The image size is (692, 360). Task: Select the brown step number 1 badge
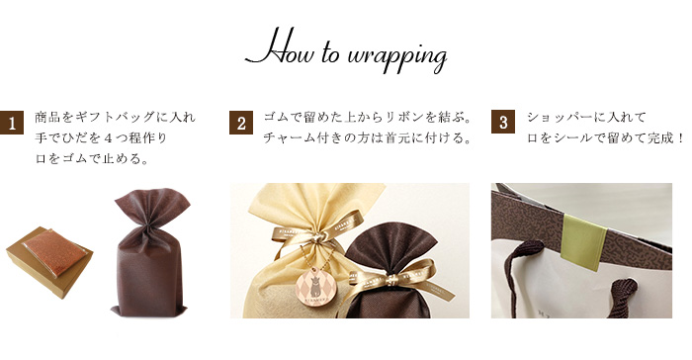click(12, 123)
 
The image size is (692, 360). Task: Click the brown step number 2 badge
click(241, 123)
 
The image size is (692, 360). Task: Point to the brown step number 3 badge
click(503, 122)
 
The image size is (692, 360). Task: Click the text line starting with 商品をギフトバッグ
click(115, 118)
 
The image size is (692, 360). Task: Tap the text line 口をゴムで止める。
click(91, 158)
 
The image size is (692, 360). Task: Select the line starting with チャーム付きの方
click(367, 138)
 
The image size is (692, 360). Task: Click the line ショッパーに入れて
click(586, 117)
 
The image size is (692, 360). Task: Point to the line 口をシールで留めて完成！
click(606, 138)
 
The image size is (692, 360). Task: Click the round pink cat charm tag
click(315, 286)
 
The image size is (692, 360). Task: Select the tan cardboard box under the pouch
click(49, 265)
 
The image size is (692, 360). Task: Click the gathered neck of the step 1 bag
click(150, 225)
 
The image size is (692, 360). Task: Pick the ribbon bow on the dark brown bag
click(391, 279)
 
